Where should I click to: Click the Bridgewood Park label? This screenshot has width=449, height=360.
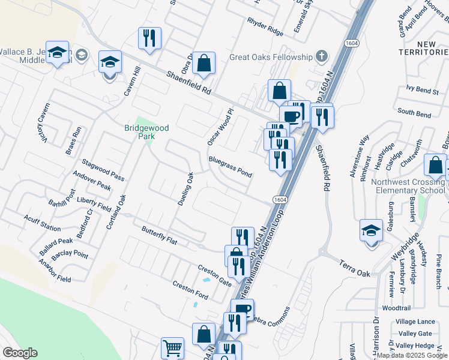(146, 132)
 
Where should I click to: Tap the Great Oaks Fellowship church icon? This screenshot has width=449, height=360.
(322, 58)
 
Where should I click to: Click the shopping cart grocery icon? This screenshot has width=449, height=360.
(172, 347)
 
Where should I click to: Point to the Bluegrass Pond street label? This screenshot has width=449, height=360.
(230, 167)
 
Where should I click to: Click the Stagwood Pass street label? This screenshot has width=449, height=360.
(103, 170)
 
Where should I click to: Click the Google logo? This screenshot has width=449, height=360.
(20, 353)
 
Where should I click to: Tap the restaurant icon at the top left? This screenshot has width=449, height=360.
(149, 38)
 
